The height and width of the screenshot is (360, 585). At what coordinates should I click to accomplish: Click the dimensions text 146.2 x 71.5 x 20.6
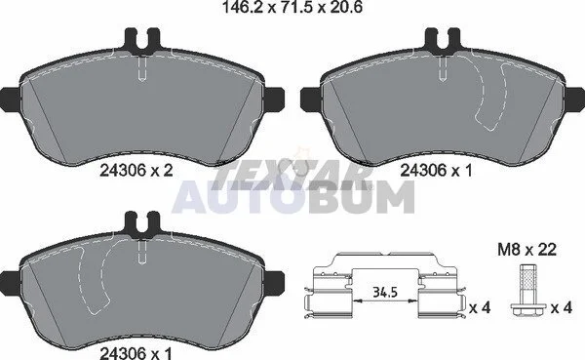(292, 8)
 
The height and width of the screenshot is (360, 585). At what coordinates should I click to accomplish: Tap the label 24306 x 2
(136, 171)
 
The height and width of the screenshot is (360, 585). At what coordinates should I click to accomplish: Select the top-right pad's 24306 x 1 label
(436, 171)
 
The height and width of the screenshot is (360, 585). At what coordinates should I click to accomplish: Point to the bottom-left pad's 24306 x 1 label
(136, 353)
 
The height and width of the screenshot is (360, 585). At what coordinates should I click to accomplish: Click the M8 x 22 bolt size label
(526, 250)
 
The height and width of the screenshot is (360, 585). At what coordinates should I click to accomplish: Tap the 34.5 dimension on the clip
(385, 293)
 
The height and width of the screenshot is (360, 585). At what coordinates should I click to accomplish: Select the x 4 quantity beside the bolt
(562, 308)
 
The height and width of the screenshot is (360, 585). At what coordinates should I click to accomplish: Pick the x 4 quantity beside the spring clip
(480, 308)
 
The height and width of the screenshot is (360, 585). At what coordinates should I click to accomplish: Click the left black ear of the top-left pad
(10, 100)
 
